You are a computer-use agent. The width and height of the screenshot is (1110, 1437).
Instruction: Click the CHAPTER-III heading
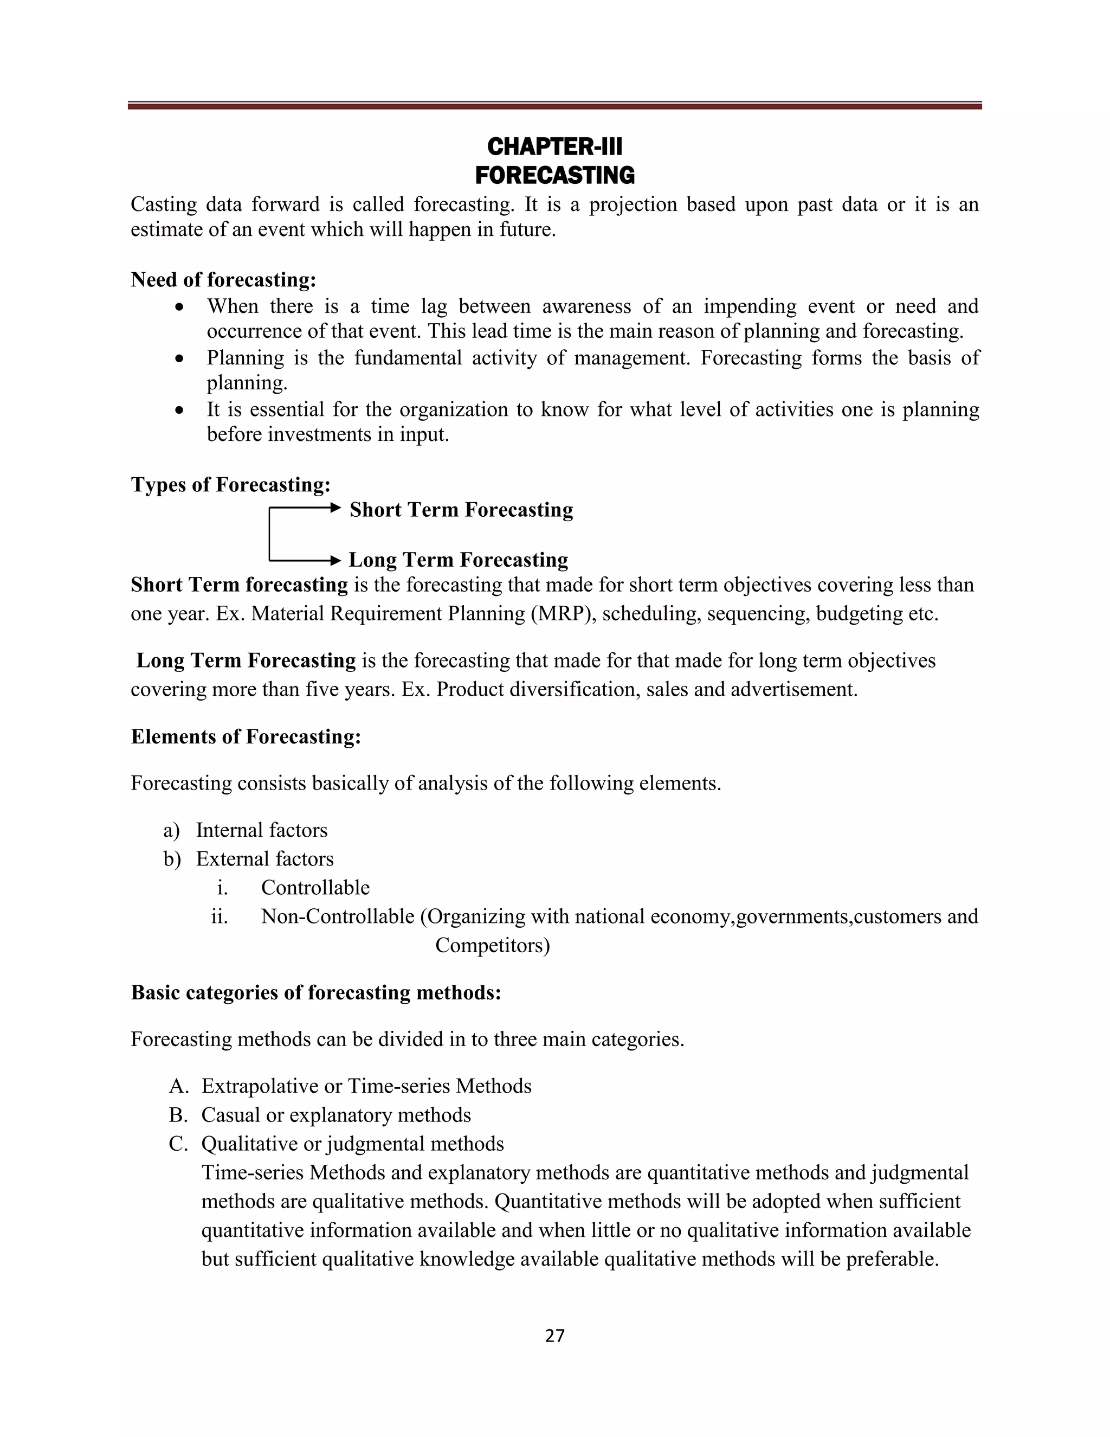[554, 146]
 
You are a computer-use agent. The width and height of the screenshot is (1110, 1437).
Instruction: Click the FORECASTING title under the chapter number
[554, 176]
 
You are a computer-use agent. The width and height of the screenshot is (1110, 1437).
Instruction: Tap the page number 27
[554, 1335]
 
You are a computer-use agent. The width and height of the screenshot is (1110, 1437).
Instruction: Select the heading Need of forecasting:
[224, 280]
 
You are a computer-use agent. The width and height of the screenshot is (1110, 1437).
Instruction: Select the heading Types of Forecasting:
[230, 484]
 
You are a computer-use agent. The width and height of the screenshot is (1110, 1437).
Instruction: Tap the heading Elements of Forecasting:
[246, 736]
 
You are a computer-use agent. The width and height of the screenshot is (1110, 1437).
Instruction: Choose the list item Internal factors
[261, 830]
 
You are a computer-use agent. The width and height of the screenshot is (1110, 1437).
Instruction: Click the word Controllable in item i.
[315, 888]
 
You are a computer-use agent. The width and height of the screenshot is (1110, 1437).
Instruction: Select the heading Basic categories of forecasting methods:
[315, 992]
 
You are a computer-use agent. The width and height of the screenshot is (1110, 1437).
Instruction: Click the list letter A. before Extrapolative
[178, 1086]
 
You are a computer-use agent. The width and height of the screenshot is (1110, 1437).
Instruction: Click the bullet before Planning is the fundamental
[179, 359]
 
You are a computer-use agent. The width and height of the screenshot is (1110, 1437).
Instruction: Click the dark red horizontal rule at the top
[554, 105]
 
